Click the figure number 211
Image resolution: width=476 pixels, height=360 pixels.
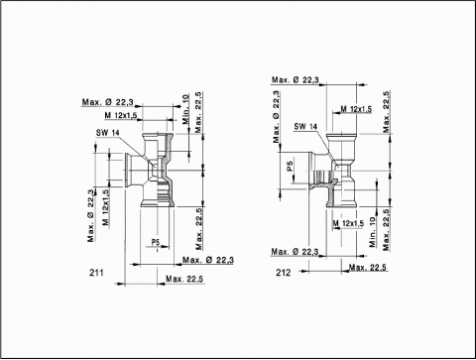(x=96, y=273)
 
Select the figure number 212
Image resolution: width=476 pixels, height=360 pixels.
(x=284, y=273)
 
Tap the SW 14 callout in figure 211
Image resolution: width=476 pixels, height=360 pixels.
(x=108, y=133)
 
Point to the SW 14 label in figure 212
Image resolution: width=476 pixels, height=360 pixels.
(x=305, y=126)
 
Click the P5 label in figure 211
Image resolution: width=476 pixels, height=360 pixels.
(x=156, y=242)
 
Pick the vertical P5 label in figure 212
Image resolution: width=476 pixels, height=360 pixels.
(x=290, y=166)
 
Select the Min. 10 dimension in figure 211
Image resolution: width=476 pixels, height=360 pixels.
(x=186, y=109)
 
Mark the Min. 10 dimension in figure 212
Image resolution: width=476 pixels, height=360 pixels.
(x=373, y=232)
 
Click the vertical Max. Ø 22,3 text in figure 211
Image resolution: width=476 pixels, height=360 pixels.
(x=91, y=215)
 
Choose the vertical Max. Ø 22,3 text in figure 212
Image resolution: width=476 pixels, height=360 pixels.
(x=277, y=117)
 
